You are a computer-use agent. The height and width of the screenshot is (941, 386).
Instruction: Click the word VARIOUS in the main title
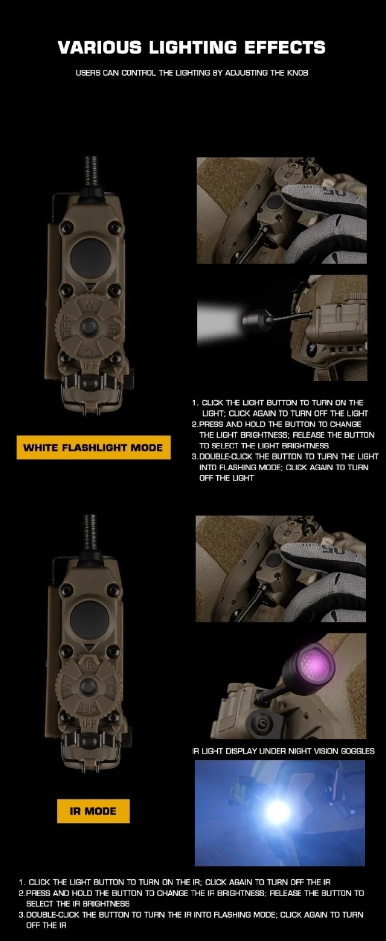[99, 47]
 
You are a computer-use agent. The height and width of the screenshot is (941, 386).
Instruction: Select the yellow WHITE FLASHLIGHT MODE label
[93, 448]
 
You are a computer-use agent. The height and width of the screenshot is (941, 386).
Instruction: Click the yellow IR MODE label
[93, 811]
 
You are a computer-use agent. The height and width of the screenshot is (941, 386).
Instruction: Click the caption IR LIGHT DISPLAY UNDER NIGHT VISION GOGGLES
[283, 751]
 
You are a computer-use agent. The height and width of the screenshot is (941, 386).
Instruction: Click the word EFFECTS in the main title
[285, 47]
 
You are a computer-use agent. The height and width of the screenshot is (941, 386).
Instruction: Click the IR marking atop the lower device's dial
[88, 665]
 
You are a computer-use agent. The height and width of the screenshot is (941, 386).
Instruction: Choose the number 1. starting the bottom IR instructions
[22, 882]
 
